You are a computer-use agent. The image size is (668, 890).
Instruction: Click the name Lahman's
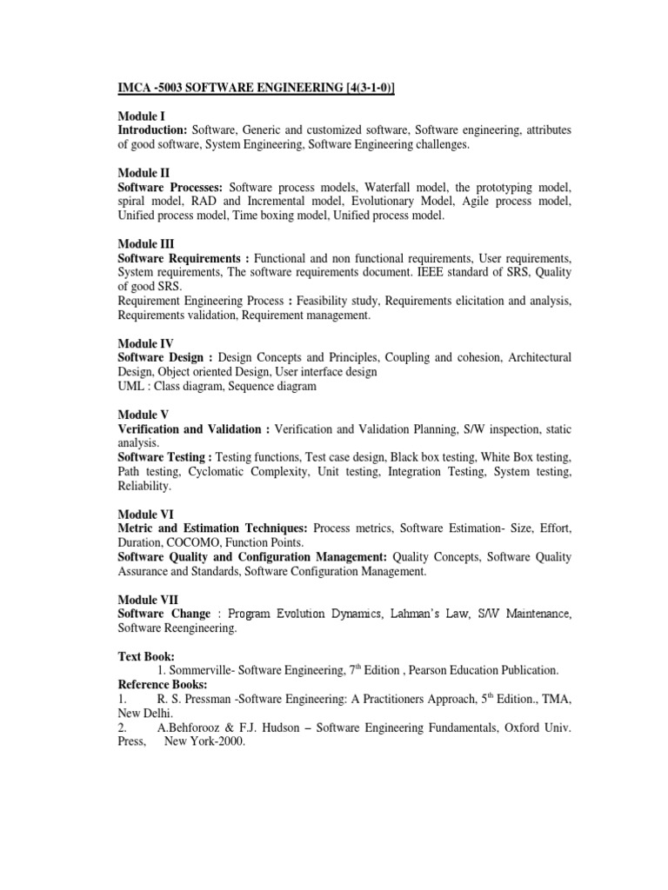coord(418,614)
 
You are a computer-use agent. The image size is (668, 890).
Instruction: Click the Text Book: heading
coord(147,657)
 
